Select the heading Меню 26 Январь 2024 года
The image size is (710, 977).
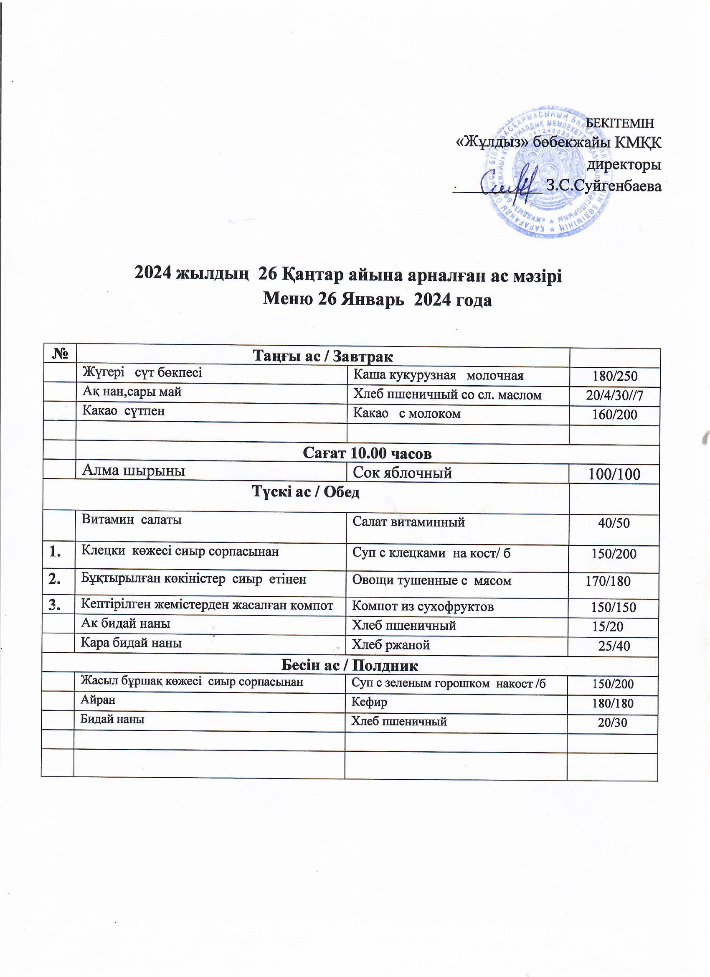pos(377,299)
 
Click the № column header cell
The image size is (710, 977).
pos(61,355)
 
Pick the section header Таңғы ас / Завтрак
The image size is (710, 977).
pos(322,357)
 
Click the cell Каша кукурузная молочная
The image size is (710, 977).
pos(438,376)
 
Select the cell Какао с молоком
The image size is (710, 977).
pos(407,414)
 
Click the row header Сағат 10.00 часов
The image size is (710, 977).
pos(367,453)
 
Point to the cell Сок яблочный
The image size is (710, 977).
pos(403,473)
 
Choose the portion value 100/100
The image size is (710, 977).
pos(614,474)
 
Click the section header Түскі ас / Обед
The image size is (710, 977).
pos(305,492)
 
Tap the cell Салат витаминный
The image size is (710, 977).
pos(408,522)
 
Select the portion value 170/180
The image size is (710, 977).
pos(608,582)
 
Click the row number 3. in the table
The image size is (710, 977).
pos(55,606)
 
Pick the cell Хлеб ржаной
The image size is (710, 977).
pos(391,645)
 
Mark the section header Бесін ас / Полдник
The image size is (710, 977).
pos(349,666)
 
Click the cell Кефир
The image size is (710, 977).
pos(370,702)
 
